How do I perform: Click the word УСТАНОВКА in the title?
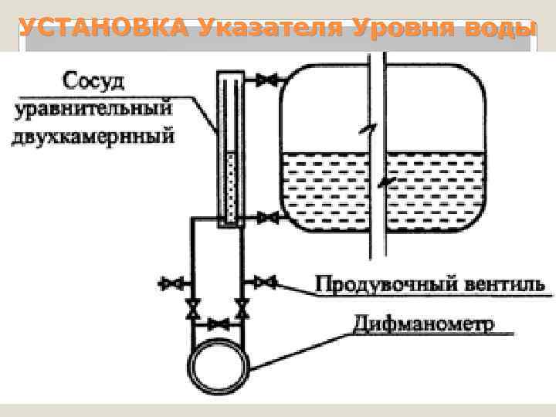coord(103,29)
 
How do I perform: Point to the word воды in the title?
coord(501,29)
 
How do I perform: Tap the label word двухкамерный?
coord(93,137)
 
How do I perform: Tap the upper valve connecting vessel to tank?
coord(267,80)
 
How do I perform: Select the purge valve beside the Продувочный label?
coord(266,281)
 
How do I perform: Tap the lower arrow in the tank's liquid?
coord(388,183)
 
